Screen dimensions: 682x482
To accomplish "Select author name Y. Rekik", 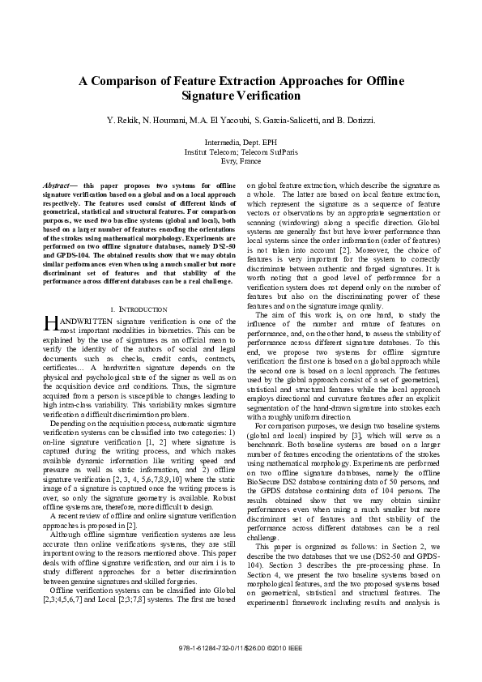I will click(122, 121).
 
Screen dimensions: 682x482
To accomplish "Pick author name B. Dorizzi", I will click(352, 121).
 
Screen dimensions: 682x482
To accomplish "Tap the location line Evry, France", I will click(241, 160).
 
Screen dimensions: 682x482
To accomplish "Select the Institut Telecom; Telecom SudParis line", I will click(241, 151).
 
